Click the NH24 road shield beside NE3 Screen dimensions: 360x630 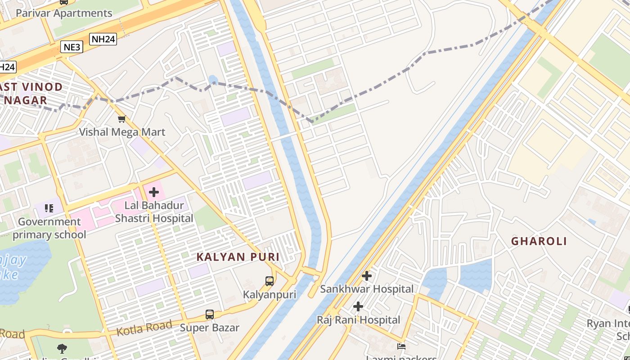(x=103, y=39)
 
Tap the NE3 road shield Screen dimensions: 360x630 (x=72, y=46)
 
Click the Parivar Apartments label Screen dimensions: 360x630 (x=64, y=13)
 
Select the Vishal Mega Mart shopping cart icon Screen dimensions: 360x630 (x=121, y=119)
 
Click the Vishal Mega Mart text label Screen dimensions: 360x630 (x=122, y=132)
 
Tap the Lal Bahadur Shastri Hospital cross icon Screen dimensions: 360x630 (x=154, y=193)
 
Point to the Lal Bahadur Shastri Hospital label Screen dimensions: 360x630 (x=154, y=212)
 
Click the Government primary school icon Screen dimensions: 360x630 (x=49, y=208)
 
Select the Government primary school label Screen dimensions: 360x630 (x=49, y=228)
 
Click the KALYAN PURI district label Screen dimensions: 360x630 (x=238, y=257)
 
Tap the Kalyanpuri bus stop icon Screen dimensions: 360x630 (x=269, y=281)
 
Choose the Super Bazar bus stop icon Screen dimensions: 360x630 (x=210, y=315)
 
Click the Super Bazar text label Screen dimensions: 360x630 (x=210, y=328)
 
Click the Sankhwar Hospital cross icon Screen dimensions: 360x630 (x=367, y=276)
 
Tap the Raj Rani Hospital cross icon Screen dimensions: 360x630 (x=358, y=307)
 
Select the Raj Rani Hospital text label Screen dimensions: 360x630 (x=358, y=320)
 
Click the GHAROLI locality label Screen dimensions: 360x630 (x=539, y=241)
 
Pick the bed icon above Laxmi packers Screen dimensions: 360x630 (x=401, y=346)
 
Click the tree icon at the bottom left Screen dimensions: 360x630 (x=62, y=348)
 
